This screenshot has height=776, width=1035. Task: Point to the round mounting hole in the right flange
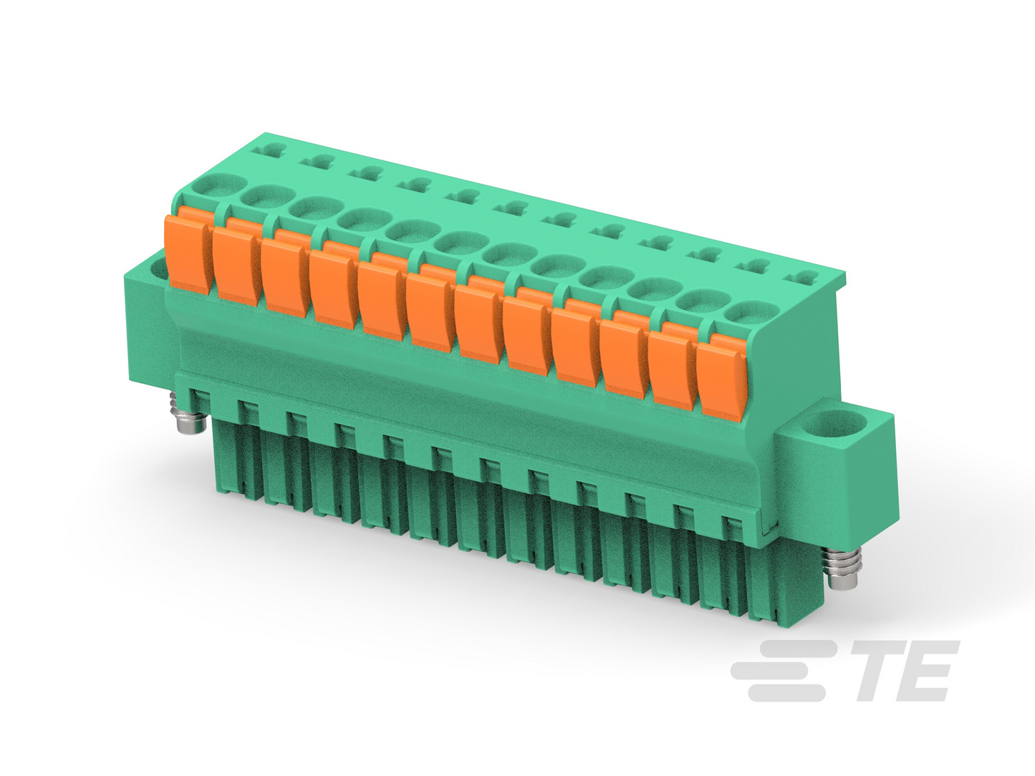(842, 422)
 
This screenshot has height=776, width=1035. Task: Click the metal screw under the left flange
(192, 417)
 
